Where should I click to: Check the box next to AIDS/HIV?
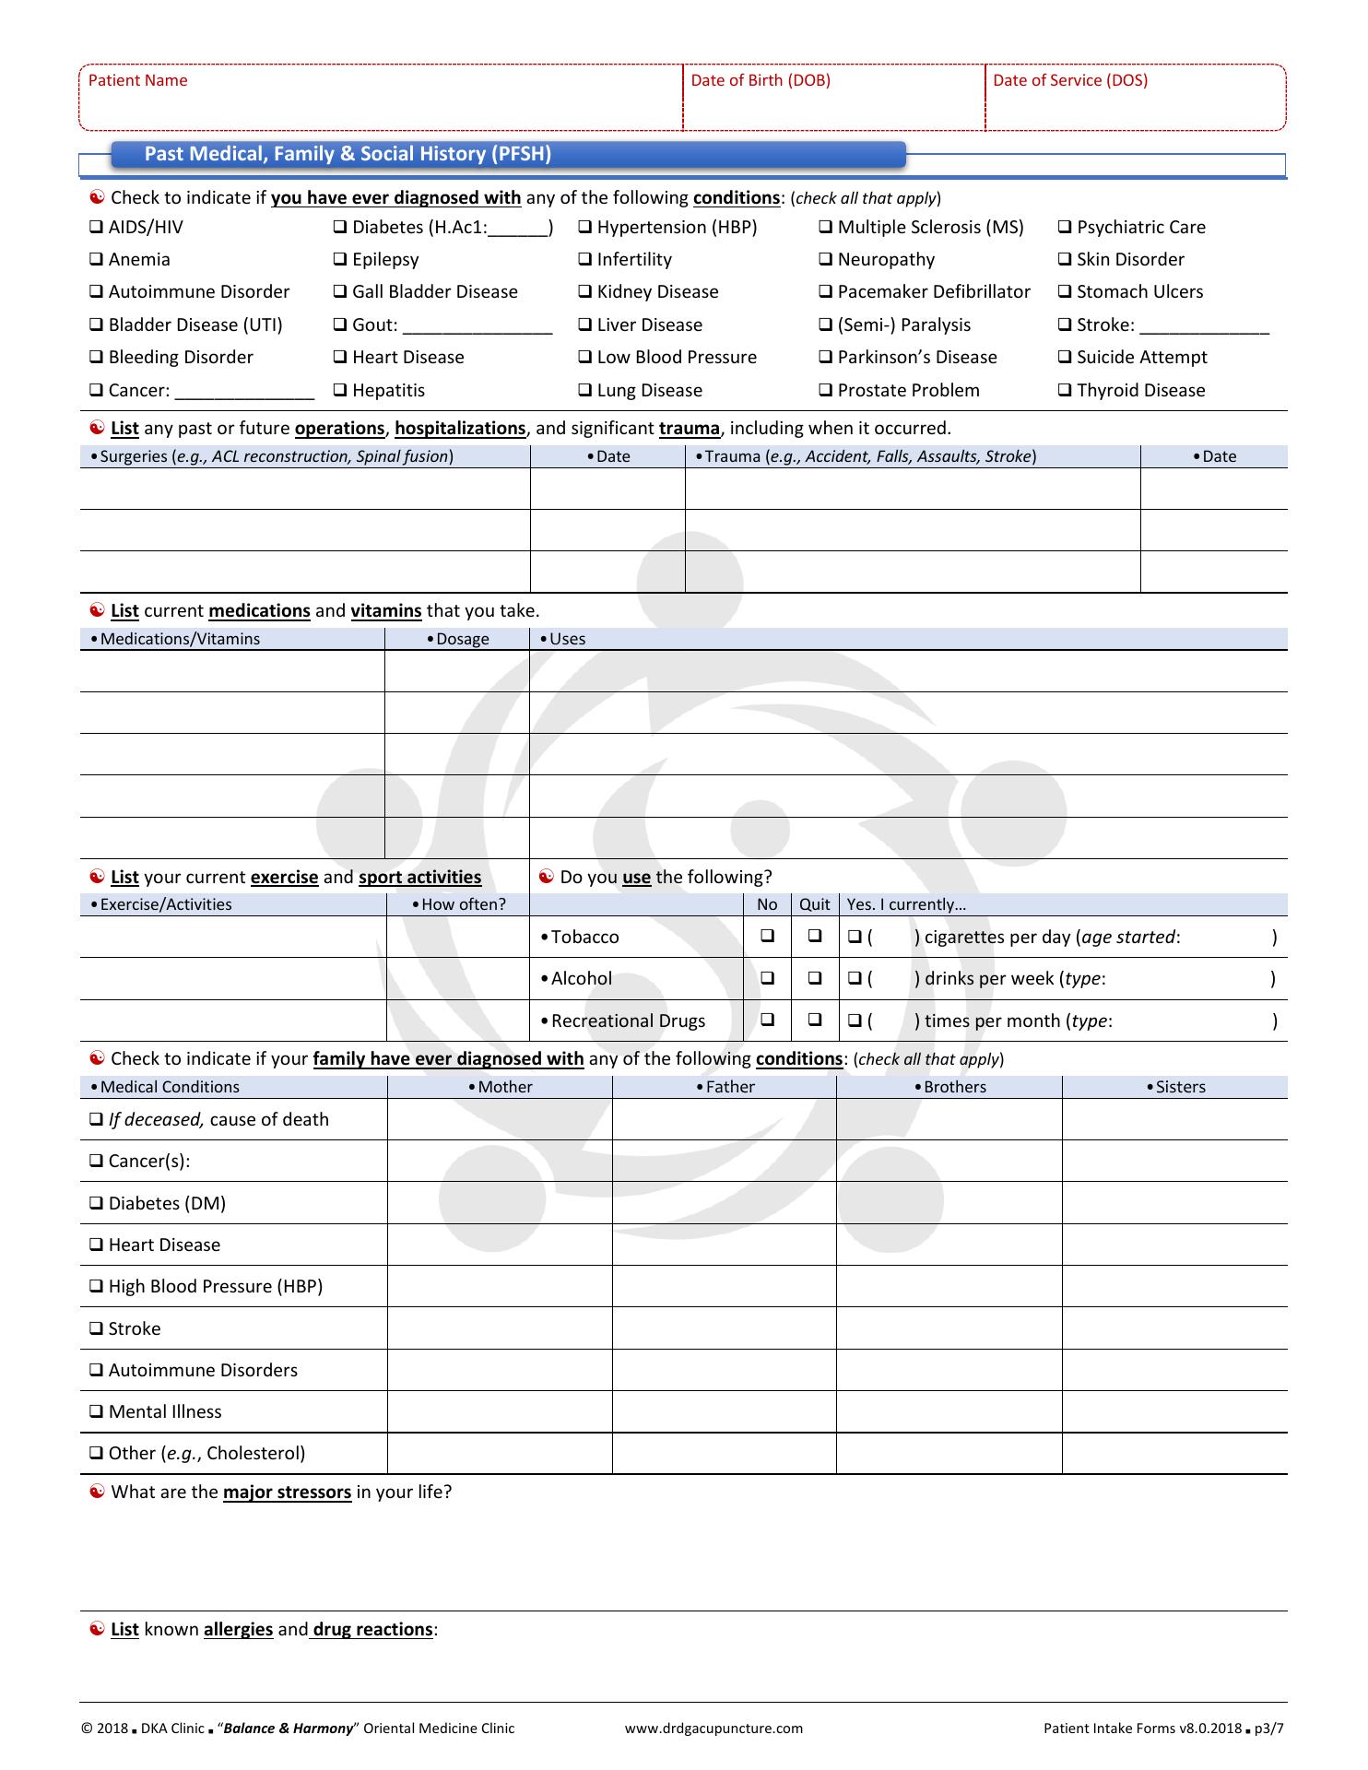(96, 228)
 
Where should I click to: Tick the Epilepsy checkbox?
(339, 260)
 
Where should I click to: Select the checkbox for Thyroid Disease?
(1065, 391)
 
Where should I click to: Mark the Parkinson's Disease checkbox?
(825, 358)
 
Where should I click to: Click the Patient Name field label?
(137, 81)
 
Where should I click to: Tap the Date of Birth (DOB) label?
(761, 81)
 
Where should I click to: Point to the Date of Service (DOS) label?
(1070, 81)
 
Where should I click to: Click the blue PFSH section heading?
(348, 155)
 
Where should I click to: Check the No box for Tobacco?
(767, 936)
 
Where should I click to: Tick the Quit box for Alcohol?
(815, 978)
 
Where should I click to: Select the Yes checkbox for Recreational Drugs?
(855, 1021)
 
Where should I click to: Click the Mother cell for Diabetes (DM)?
(500, 1203)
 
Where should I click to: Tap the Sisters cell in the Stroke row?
(1174, 1328)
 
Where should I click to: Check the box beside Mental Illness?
(96, 1412)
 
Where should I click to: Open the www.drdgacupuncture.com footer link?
(713, 1729)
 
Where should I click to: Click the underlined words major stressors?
(287, 1493)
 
